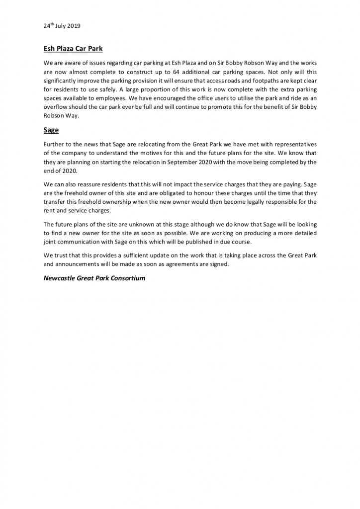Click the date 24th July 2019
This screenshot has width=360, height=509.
(x=62, y=25)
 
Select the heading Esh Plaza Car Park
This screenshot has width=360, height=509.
(x=74, y=49)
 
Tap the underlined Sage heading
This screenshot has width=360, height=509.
(x=51, y=130)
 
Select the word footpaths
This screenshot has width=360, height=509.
(x=258, y=81)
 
